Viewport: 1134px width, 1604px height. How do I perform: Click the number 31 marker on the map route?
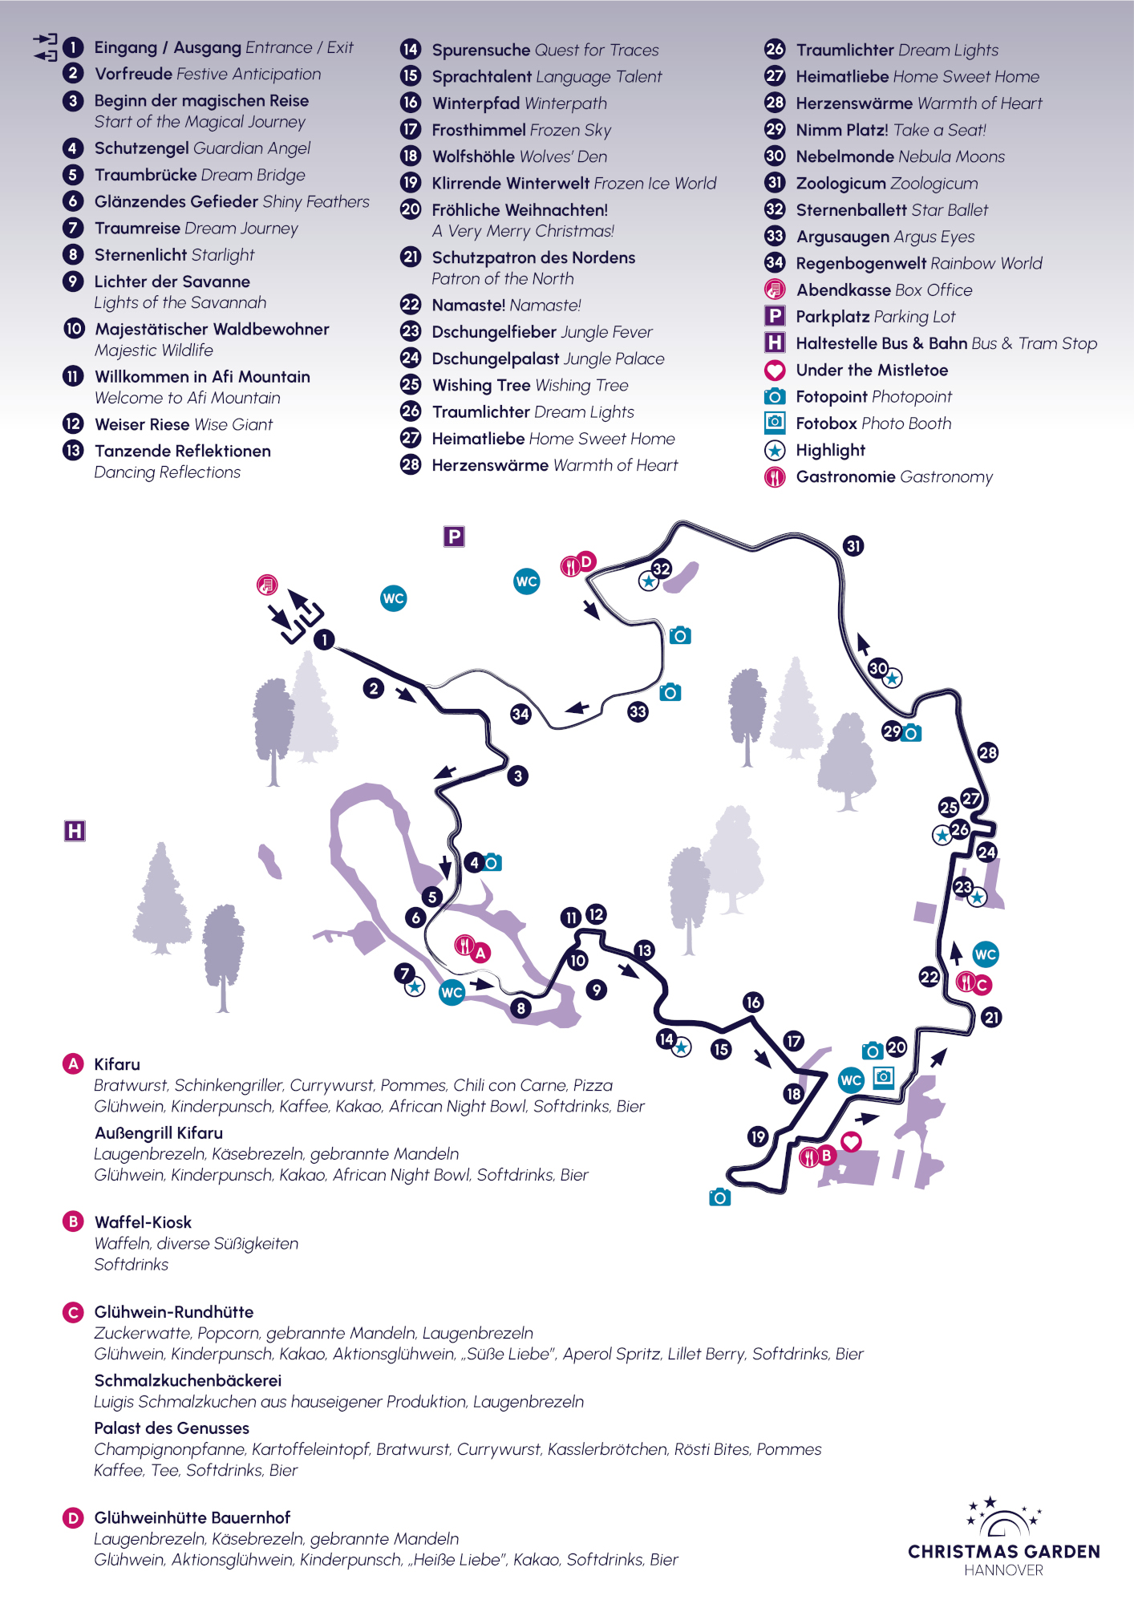tap(853, 546)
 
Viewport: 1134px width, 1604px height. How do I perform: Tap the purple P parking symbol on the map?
tap(454, 537)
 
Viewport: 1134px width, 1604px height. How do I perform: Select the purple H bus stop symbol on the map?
tap(75, 831)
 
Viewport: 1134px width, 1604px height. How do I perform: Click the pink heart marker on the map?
tap(851, 1141)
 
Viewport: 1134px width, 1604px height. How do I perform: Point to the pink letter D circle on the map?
tap(586, 561)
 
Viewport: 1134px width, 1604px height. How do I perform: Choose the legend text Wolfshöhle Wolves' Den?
tap(519, 156)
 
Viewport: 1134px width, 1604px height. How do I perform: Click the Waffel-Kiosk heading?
tap(143, 1222)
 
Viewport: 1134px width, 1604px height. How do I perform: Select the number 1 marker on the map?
tap(324, 639)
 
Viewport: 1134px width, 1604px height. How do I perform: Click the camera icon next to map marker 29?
tap(911, 733)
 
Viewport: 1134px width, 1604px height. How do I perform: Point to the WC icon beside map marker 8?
tap(452, 992)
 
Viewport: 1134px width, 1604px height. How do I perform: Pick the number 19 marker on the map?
tap(758, 1136)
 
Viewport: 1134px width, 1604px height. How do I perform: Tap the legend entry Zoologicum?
tap(886, 184)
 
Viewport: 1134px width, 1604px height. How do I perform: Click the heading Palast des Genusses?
tap(172, 1428)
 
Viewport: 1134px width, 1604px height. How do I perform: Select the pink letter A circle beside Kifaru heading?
tap(73, 1064)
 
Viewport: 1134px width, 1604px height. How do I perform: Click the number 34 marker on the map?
tap(520, 714)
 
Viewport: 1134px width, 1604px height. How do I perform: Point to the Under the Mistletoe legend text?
tap(872, 370)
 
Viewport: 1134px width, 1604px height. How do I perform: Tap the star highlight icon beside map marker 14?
tap(682, 1047)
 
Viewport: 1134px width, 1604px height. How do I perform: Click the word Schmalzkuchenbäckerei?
tap(188, 1380)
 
